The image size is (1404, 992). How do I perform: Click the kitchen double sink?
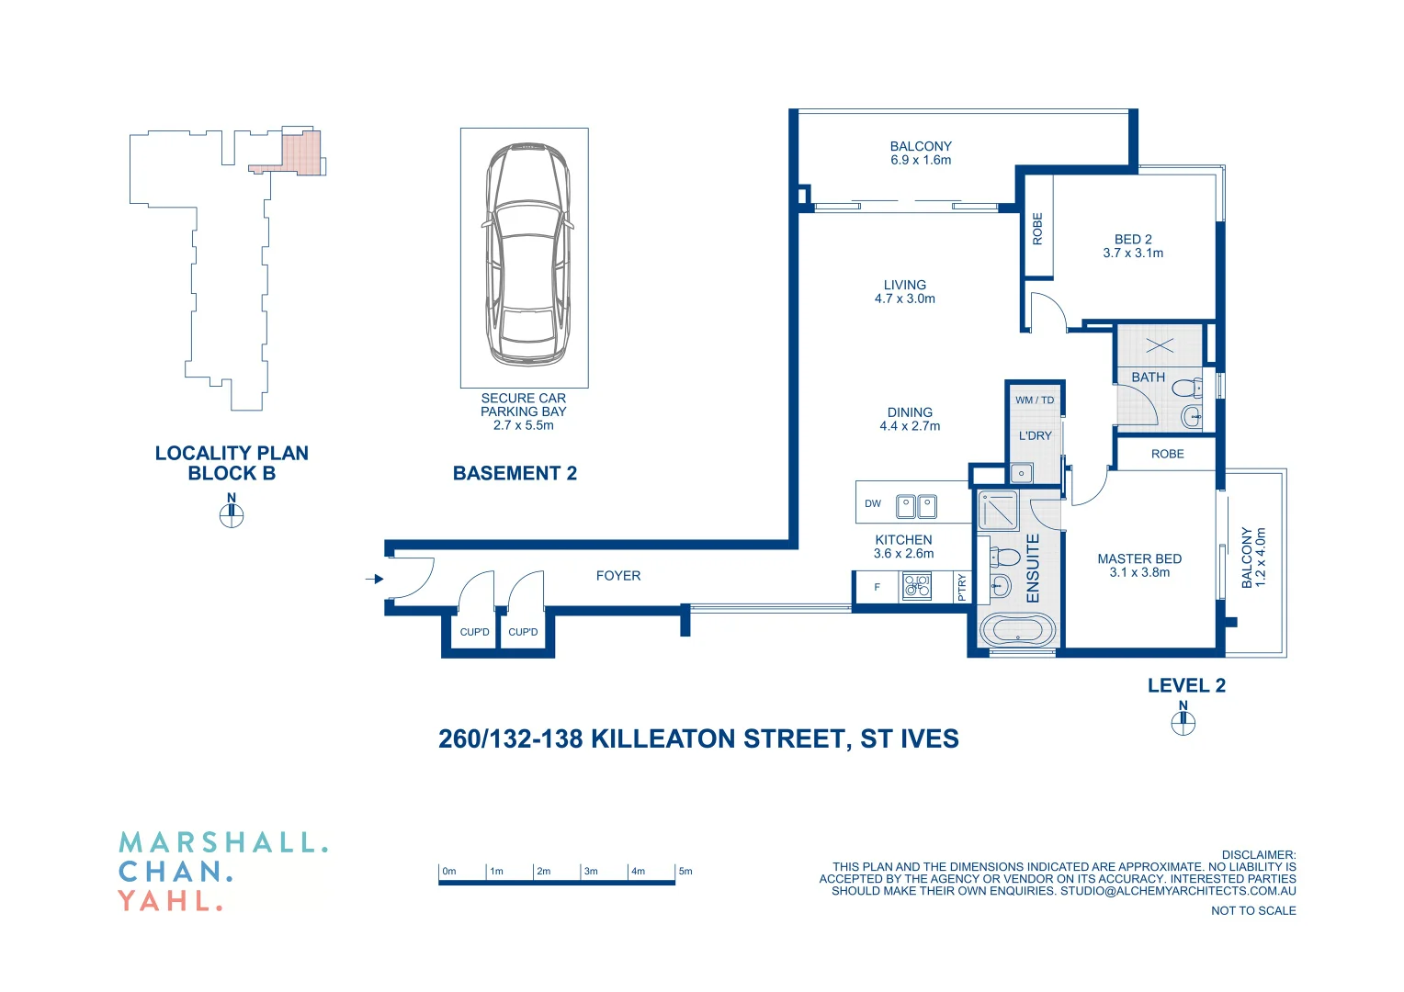click(x=916, y=506)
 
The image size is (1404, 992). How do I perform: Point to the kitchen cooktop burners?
click(x=916, y=586)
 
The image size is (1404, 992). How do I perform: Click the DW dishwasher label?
click(x=873, y=503)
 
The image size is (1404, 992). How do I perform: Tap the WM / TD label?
click(x=1035, y=400)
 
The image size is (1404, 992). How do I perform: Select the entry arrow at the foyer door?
click(x=374, y=579)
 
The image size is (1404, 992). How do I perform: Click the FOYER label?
click(x=618, y=576)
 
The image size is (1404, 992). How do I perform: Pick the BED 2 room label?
click(x=1133, y=239)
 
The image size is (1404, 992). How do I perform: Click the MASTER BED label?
click(x=1139, y=558)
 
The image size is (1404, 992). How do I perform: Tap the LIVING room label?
click(x=905, y=285)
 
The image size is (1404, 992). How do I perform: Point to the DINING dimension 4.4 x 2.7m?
click(x=910, y=426)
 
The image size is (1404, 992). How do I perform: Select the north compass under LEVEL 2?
click(x=1183, y=723)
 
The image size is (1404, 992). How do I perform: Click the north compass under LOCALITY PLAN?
click(x=232, y=515)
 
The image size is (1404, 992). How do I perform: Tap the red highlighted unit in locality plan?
click(x=300, y=153)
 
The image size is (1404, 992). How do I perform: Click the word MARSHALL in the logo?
click(x=222, y=842)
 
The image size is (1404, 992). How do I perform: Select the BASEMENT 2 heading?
click(x=515, y=473)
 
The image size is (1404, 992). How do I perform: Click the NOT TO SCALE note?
click(x=1253, y=910)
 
